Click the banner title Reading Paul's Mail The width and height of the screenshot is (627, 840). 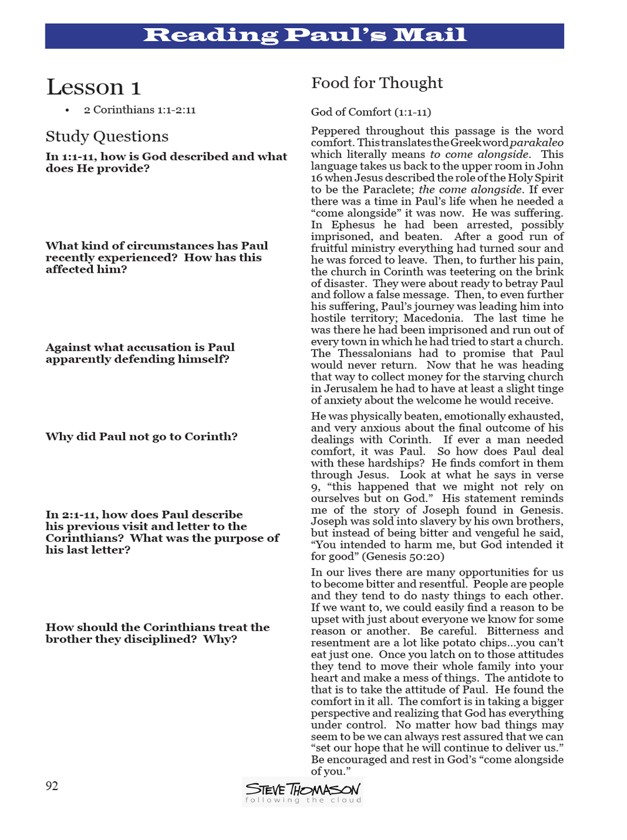point(304,35)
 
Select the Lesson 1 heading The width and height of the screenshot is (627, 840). point(94,87)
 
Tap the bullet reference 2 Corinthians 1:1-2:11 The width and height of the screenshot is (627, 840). point(140,110)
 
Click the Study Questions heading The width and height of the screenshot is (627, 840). point(107,137)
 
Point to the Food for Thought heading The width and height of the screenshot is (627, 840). point(377,83)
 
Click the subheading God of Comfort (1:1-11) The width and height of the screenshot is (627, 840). point(371,112)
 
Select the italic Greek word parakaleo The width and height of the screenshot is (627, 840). point(537,143)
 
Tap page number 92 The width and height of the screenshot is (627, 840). point(52,786)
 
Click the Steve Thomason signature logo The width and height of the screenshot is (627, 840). point(303,789)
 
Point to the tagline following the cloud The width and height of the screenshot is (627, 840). point(303,800)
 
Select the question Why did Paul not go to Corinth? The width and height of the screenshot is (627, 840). point(141,437)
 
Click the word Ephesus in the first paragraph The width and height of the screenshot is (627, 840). point(352,224)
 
